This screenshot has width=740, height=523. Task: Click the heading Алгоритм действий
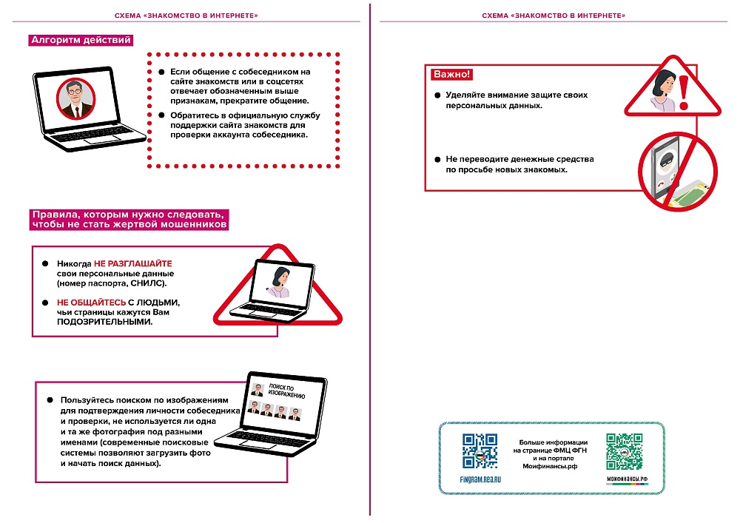(x=80, y=41)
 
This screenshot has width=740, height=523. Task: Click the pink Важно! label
(x=451, y=75)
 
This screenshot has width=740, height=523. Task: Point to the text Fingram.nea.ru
(x=480, y=480)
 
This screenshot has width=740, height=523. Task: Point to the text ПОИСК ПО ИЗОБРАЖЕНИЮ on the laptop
(x=281, y=391)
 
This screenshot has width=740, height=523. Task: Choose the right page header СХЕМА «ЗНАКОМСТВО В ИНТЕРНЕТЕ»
(x=554, y=16)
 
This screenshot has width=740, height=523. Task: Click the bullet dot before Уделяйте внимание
(x=437, y=96)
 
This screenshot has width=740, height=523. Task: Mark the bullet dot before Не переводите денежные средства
(x=437, y=160)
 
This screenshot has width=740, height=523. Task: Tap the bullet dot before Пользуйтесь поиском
(x=50, y=399)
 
